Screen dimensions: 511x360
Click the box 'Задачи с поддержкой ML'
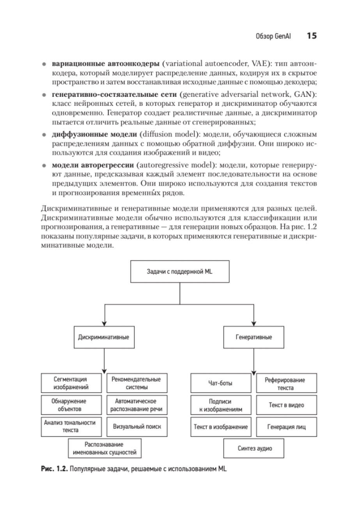pos(179,272)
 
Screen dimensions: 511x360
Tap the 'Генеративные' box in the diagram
pos(254,337)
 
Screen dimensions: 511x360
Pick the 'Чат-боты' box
pos(221,383)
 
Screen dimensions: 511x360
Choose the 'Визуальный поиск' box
pos(137,427)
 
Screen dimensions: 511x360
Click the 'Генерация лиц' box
pos(286,427)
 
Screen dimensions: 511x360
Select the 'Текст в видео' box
pos(286,405)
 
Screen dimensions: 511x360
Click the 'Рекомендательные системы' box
pos(137,383)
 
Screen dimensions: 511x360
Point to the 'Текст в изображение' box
pos(221,427)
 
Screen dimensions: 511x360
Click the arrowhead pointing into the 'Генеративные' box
pos(254,323)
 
